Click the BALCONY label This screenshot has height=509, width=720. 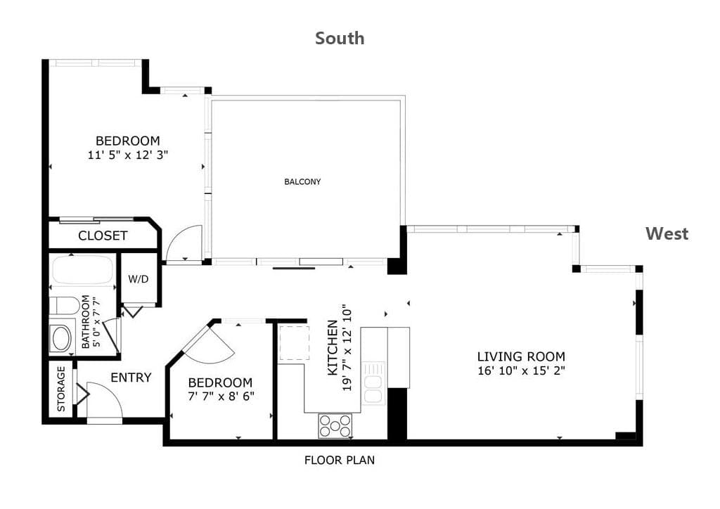click(302, 182)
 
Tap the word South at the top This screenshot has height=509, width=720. click(340, 38)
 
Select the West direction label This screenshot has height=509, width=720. click(667, 233)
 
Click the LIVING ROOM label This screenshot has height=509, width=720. click(521, 356)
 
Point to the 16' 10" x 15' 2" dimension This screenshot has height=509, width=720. click(521, 371)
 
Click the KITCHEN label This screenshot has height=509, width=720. click(333, 348)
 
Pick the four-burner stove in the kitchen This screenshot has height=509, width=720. click(335, 426)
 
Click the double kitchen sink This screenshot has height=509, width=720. click(373, 382)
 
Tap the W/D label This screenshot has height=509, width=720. click(139, 278)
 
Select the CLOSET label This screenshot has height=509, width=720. click(103, 236)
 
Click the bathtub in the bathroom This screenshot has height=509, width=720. click(83, 270)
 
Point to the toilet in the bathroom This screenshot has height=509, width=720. click(64, 305)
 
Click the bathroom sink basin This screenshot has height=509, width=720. click(62, 339)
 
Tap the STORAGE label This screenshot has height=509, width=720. click(61, 388)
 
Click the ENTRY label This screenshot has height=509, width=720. click(131, 378)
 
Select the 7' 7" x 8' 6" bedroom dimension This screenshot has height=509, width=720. click(221, 396)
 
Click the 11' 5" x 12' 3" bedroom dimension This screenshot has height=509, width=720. click(128, 155)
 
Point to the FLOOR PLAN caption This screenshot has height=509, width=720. click(340, 460)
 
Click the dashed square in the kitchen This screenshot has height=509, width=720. click(295, 343)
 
